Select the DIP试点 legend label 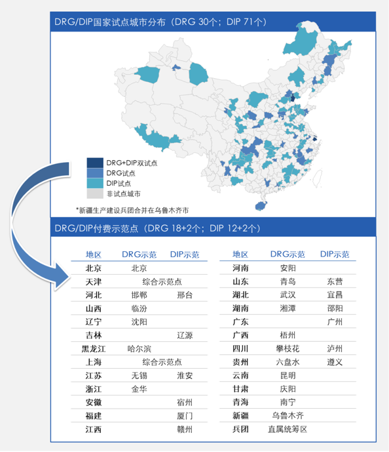coord(119,183)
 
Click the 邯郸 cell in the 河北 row coord(139,295)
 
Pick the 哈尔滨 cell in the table coord(139,348)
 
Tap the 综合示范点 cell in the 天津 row coord(162,281)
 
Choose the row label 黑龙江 coord(93,348)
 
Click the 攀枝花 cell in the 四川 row coord(287,348)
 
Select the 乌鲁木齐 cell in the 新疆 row coord(287,415)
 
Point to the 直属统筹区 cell coord(287,429)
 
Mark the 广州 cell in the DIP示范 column coord(335,321)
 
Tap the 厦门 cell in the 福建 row coord(185,415)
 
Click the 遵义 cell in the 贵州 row coord(335,361)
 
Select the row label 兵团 coord(240,429)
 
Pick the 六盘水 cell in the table coord(287,361)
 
